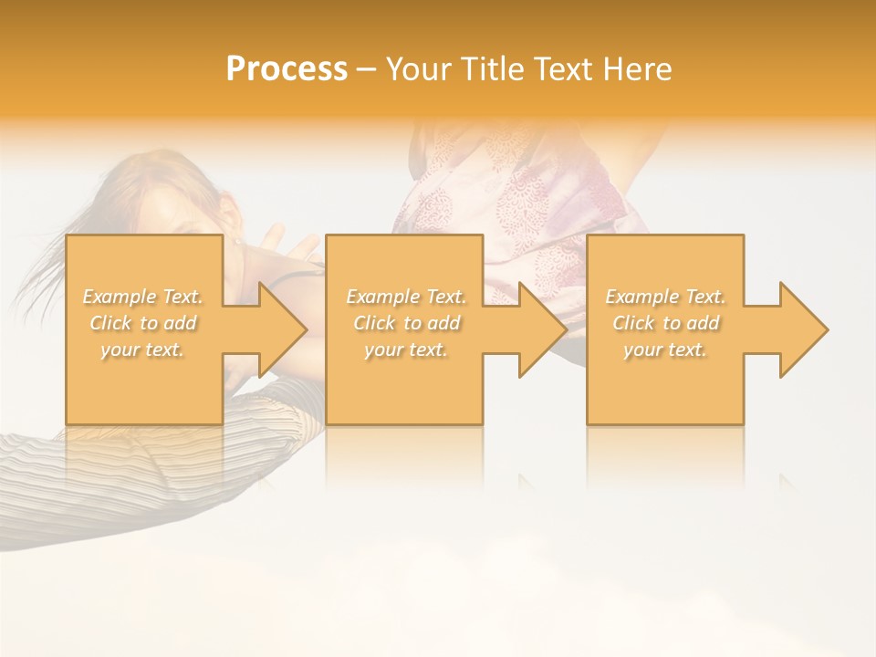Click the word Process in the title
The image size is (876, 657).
coord(287,69)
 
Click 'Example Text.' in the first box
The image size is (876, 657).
coord(143,297)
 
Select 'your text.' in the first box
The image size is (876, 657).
coord(143,349)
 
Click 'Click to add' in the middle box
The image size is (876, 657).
coord(406,323)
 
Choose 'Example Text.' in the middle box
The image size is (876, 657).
coord(406,297)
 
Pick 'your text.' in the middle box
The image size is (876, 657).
coord(406,349)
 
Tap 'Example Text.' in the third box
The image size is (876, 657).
coord(665,297)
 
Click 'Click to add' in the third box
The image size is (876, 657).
coord(665,323)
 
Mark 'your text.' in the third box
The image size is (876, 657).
coord(665,349)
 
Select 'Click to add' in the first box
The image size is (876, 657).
coord(143,323)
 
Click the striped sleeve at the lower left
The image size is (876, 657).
coord(55,484)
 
